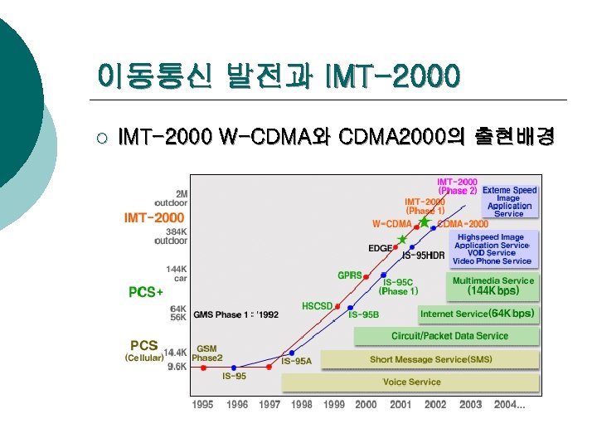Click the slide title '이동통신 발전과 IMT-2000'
[278, 77]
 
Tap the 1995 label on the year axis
[203, 405]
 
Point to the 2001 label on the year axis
[400, 405]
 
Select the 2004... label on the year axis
[508, 405]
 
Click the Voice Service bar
[411, 382]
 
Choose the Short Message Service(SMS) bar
[430, 359]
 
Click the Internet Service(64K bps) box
[478, 314]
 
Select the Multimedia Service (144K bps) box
[494, 286]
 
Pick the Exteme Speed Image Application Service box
[509, 202]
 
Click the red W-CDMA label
[391, 223]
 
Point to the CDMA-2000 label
[462, 223]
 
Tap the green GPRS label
[349, 275]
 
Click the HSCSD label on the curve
[317, 306]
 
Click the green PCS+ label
[146, 292]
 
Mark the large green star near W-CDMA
[425, 222]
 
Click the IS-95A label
[296, 361]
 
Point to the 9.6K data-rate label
[177, 367]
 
